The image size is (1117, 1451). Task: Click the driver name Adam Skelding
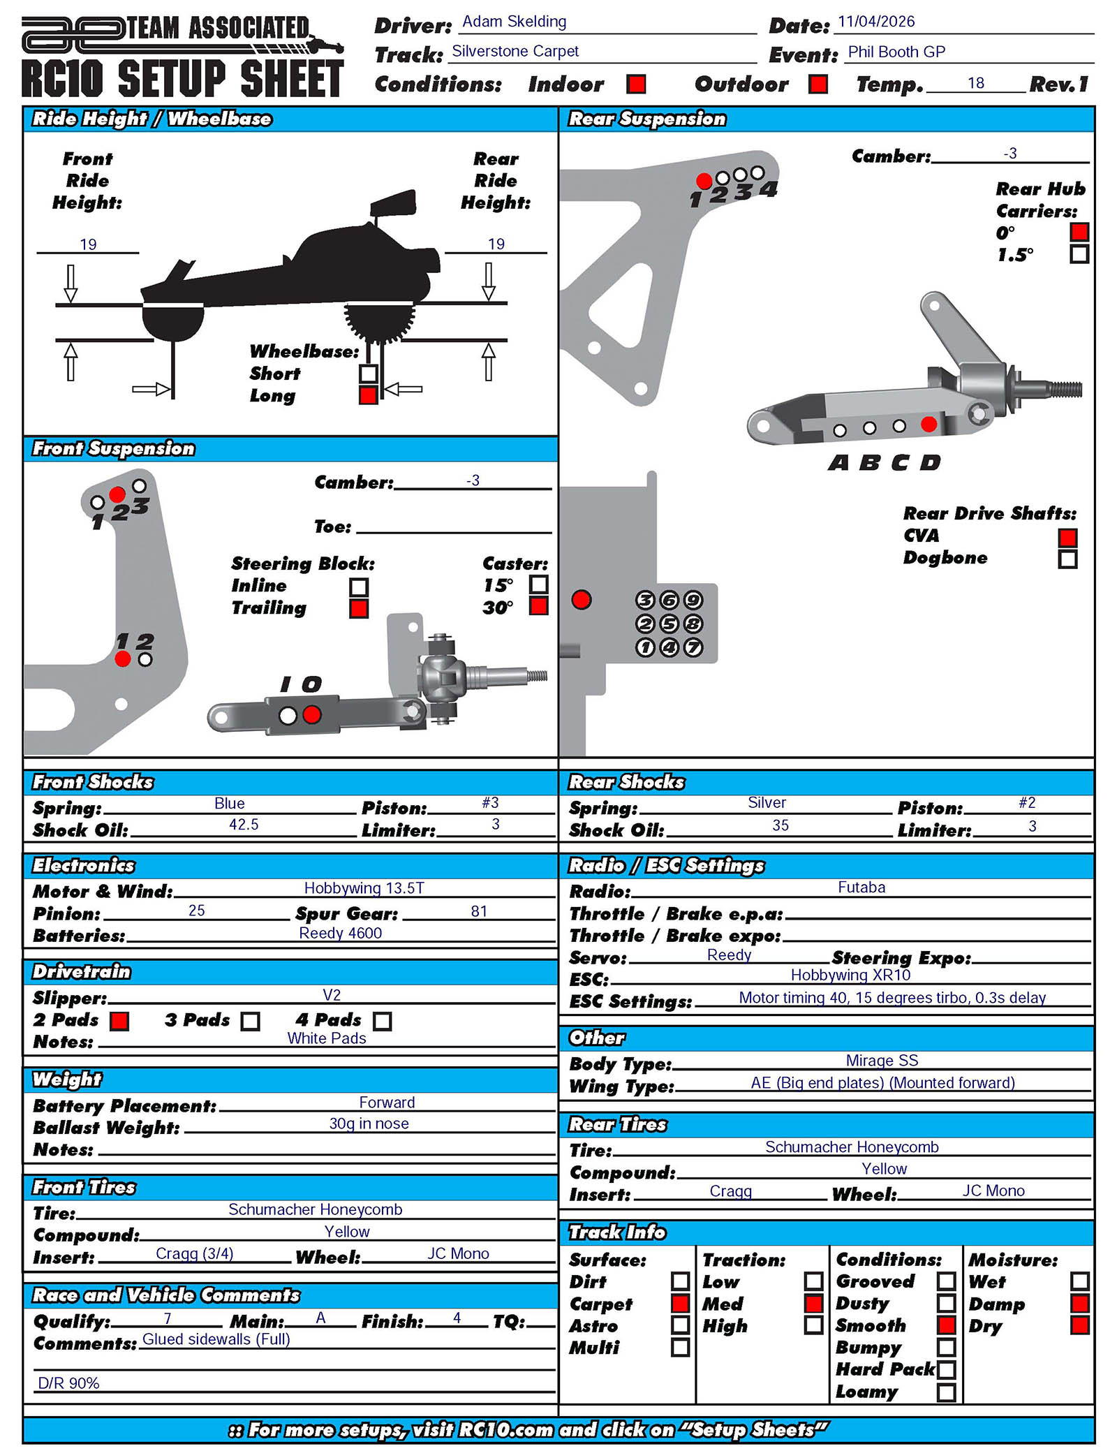pyautogui.click(x=514, y=22)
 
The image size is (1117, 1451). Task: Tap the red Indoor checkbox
pyautogui.click(x=635, y=84)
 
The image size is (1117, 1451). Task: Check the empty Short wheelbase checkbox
pyautogui.click(x=368, y=374)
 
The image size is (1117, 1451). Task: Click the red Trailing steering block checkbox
pyautogui.click(x=359, y=608)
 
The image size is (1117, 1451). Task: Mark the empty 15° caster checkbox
pyautogui.click(x=538, y=584)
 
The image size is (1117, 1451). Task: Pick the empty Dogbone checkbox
pyautogui.click(x=1067, y=559)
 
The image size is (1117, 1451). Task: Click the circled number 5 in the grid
pyautogui.click(x=669, y=624)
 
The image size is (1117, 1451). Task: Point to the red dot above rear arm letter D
pyautogui.click(x=929, y=424)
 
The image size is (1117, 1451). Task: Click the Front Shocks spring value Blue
pyautogui.click(x=229, y=803)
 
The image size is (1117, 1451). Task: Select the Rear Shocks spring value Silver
pyautogui.click(x=767, y=803)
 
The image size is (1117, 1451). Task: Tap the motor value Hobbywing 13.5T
pyautogui.click(x=364, y=888)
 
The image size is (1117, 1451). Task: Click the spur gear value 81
pyautogui.click(x=479, y=911)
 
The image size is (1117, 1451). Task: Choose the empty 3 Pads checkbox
pyautogui.click(x=250, y=1022)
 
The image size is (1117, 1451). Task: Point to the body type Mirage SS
pyautogui.click(x=882, y=1061)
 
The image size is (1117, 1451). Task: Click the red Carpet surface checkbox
pyautogui.click(x=680, y=1304)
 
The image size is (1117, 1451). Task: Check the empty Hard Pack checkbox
pyautogui.click(x=946, y=1369)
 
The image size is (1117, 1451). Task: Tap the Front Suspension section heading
pyautogui.click(x=114, y=449)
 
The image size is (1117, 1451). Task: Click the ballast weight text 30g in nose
pyautogui.click(x=369, y=1124)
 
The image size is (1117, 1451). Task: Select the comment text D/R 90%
pyautogui.click(x=68, y=1383)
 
